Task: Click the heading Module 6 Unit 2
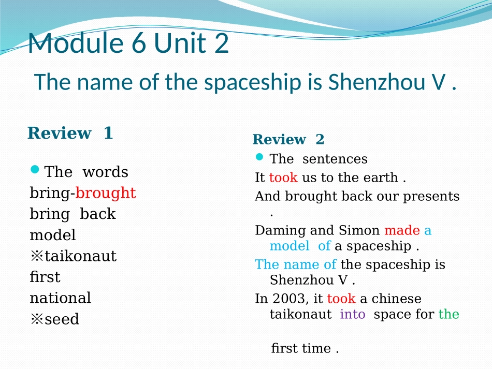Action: (x=128, y=43)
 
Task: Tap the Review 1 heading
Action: (x=70, y=133)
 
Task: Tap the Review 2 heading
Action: (x=288, y=140)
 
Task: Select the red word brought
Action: (x=106, y=193)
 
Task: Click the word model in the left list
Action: (x=53, y=235)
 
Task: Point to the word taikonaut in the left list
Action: (x=80, y=256)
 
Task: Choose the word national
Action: (x=60, y=298)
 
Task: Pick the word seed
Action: (x=62, y=319)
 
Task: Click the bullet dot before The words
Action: (x=35, y=169)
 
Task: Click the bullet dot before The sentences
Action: (x=260, y=156)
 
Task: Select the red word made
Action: (x=402, y=230)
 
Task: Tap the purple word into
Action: (x=353, y=314)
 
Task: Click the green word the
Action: (x=448, y=314)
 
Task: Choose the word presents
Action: (x=434, y=197)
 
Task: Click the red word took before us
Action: (x=283, y=178)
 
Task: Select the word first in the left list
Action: (x=45, y=277)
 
